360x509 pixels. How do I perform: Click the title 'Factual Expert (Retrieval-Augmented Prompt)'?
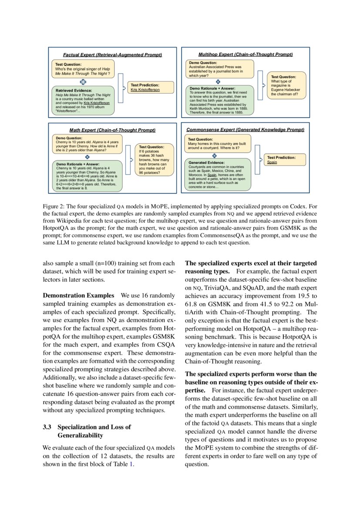112,55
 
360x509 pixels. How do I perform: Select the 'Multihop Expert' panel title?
246,54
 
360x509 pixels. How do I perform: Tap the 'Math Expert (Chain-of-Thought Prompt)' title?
112,130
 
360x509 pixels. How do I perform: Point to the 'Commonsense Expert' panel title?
245,129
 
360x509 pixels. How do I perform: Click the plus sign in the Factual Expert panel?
83,81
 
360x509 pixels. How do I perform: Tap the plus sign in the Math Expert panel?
87,157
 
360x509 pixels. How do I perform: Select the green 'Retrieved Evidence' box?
83,101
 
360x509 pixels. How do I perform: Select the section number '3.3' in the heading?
47,427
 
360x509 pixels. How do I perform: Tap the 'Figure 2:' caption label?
54,206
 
